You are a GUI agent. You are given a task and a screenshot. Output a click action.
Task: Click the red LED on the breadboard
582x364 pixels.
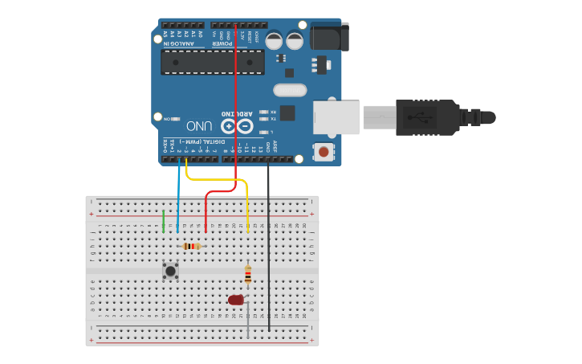pyautogui.click(x=235, y=300)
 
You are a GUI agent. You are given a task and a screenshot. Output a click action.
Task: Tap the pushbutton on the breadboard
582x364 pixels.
pyautogui.click(x=170, y=271)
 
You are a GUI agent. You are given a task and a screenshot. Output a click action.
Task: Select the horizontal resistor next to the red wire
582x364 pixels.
pyautogui.click(x=191, y=247)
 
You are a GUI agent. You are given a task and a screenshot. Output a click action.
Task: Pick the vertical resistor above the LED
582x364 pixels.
pyautogui.click(x=248, y=276)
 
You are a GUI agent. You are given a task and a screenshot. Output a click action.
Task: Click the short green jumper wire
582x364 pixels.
pyautogui.click(x=164, y=222)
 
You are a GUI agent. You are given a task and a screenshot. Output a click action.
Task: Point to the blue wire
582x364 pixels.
pyautogui.click(x=178, y=201)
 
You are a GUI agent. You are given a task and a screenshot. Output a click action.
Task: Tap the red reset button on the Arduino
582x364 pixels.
pyautogui.click(x=324, y=151)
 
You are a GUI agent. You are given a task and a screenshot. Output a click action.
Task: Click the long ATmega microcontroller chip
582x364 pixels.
pyautogui.click(x=212, y=62)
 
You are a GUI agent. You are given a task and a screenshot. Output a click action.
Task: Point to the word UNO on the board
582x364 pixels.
pyautogui.click(x=199, y=126)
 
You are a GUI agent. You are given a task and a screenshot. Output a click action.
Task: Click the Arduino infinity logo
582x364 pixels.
pyautogui.click(x=237, y=126)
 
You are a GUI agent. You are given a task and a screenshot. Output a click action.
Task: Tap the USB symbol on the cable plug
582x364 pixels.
pyautogui.click(x=417, y=117)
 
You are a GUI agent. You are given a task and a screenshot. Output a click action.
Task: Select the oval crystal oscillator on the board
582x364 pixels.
pyautogui.click(x=290, y=90)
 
